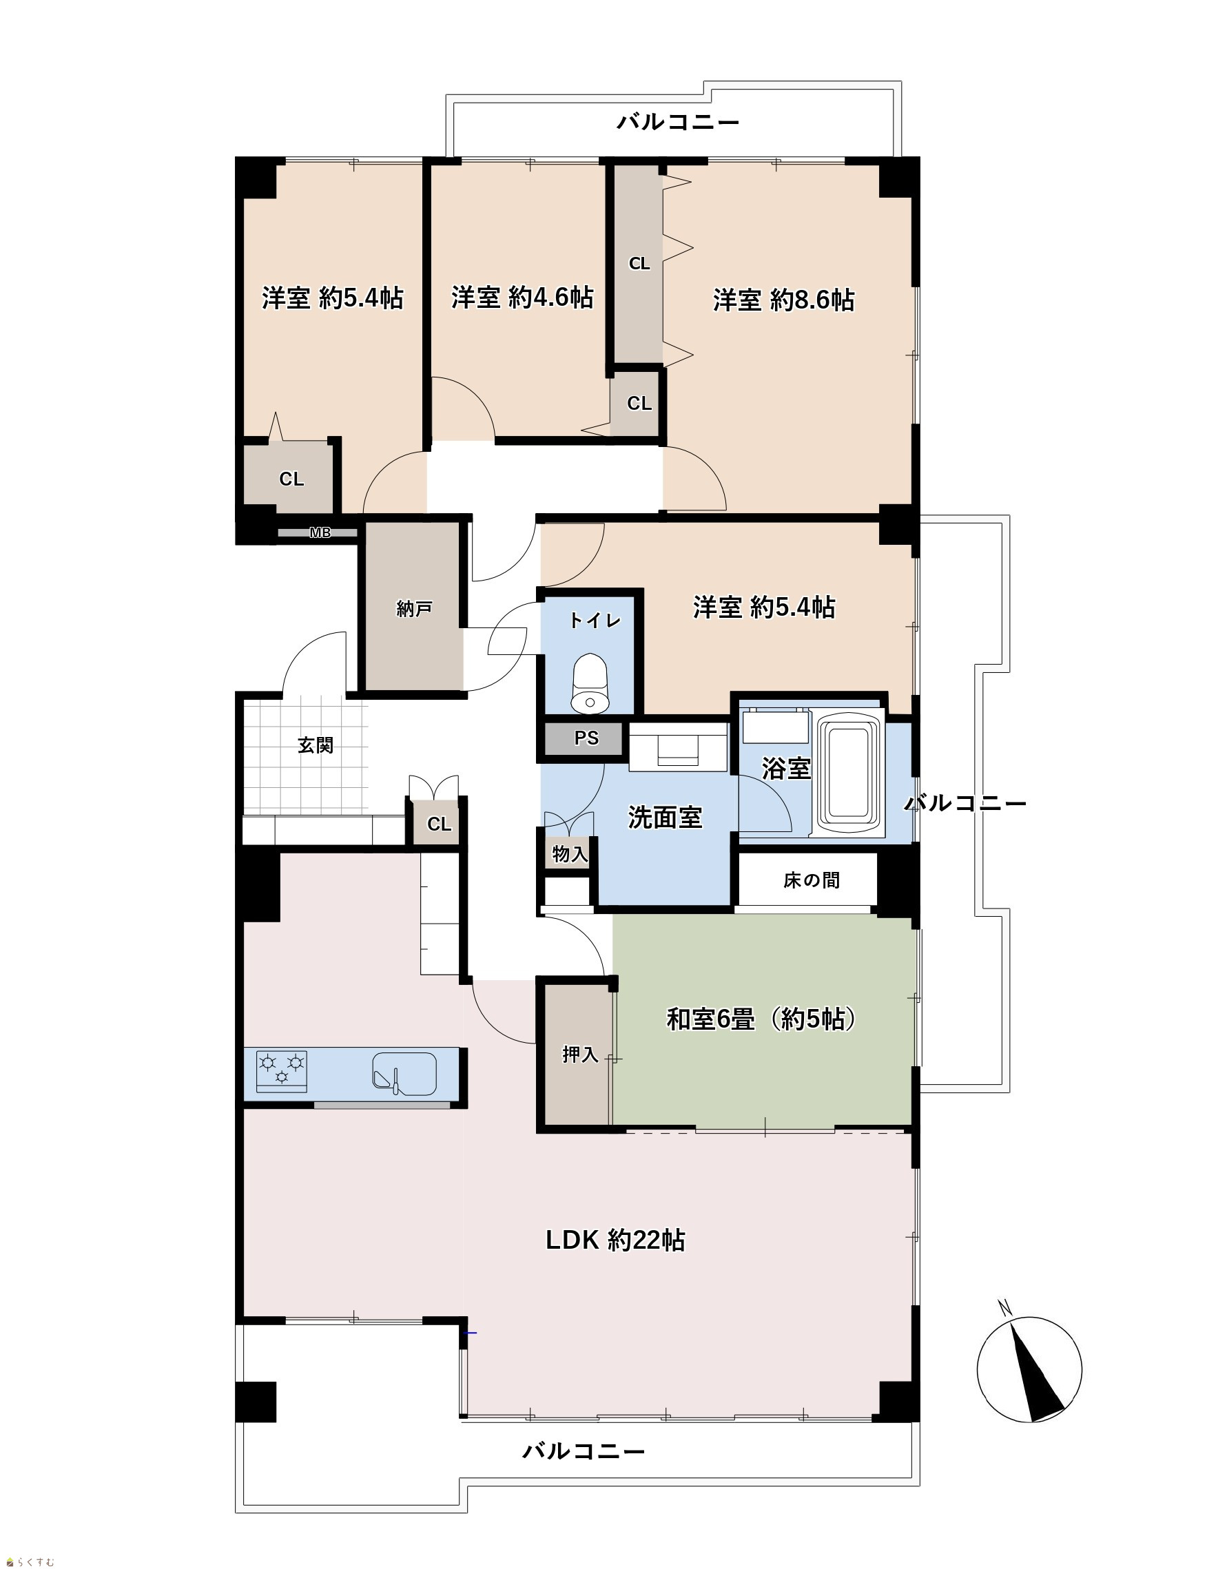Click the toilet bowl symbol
coord(590,683)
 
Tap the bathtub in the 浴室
coord(851,773)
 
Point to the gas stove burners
coord(282,1070)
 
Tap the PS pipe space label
coord(586,738)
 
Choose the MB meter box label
coord(320,533)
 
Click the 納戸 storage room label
coord(414,609)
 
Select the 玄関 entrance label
coord(316,745)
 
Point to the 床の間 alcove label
coord(811,880)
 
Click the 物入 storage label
coord(570,854)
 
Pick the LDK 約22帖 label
coord(615,1240)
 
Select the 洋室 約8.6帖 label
coord(784,300)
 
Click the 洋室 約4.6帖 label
coord(522,298)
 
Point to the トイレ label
coord(595,621)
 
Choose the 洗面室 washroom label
coord(665,817)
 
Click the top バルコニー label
coord(678,122)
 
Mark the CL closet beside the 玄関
coord(439,824)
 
